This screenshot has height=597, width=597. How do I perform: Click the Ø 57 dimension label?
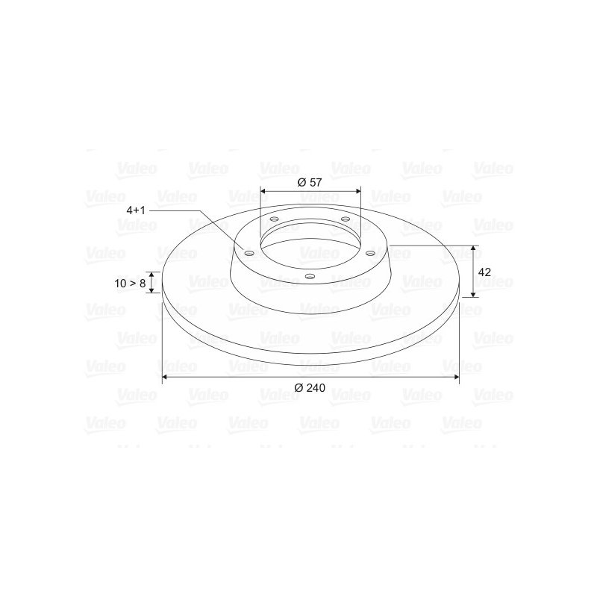point(310,182)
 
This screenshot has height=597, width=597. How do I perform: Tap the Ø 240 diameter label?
point(310,388)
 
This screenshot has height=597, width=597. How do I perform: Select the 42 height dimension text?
point(484,272)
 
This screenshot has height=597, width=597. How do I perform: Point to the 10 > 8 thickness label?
point(130,284)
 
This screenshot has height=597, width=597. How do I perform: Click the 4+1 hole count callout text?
point(136,210)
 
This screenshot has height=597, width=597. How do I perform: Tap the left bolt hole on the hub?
point(249,253)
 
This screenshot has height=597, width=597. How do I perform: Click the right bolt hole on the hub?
point(370,253)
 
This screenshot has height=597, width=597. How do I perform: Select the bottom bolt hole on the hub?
point(310,276)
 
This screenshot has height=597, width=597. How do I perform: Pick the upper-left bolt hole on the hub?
point(274,219)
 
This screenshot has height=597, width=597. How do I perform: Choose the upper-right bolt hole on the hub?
point(346,219)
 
